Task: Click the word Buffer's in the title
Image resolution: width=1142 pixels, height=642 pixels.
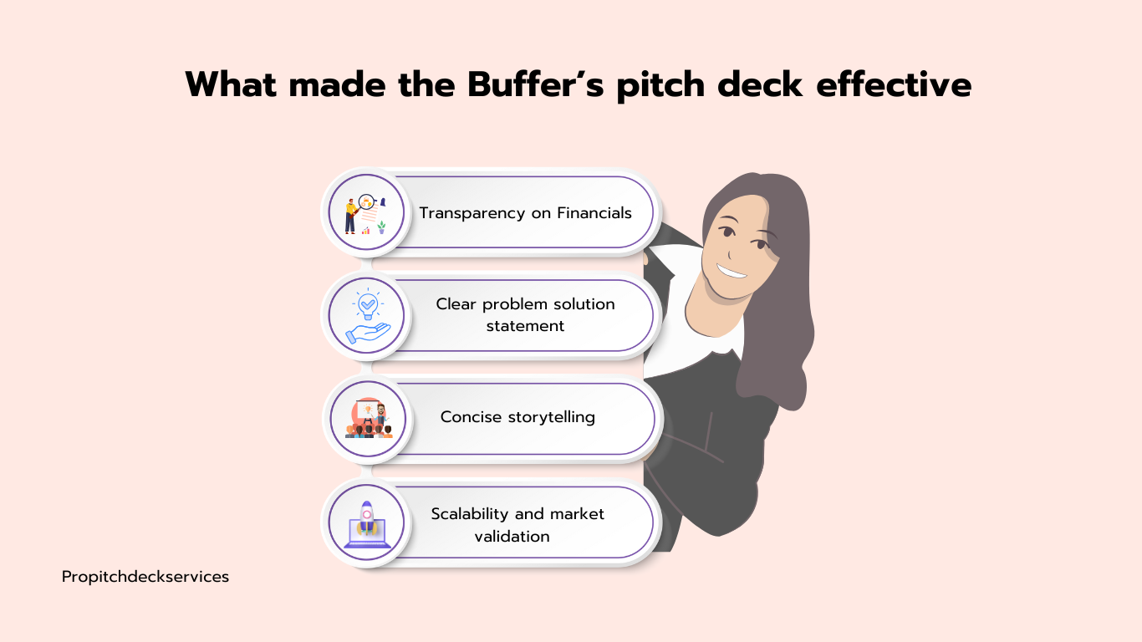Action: pyautogui.click(x=535, y=84)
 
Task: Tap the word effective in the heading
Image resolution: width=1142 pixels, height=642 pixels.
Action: pyautogui.click(x=894, y=84)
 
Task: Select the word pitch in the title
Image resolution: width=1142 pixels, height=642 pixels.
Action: pyautogui.click(x=660, y=85)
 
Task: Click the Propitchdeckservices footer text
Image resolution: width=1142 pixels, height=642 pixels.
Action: pyautogui.click(x=145, y=577)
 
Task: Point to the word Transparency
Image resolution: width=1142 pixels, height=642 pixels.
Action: pyautogui.click(x=472, y=213)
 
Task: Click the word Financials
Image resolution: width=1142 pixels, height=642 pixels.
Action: pyautogui.click(x=594, y=212)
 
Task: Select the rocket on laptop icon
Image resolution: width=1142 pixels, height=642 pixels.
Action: pyautogui.click(x=367, y=524)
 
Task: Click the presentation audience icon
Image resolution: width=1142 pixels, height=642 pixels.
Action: pyautogui.click(x=369, y=418)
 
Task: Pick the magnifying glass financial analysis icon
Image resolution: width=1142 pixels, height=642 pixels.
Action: pyautogui.click(x=365, y=214)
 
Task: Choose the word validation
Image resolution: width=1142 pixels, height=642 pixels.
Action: pyautogui.click(x=512, y=537)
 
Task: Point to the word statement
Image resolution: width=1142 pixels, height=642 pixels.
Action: pyautogui.click(x=525, y=326)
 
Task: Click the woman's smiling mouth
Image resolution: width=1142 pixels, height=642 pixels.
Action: pyautogui.click(x=732, y=272)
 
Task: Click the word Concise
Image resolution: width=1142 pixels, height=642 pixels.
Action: pyautogui.click(x=471, y=417)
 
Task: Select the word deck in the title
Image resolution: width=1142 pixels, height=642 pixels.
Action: pyautogui.click(x=760, y=84)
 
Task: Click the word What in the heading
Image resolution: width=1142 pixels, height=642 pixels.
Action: pyautogui.click(x=231, y=84)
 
